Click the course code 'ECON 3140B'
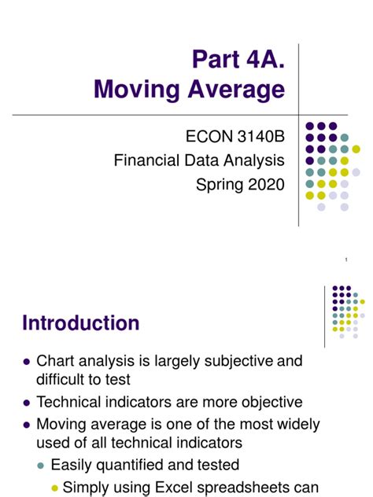[x=235, y=138]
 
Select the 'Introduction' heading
[x=81, y=322]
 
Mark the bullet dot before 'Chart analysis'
[x=27, y=362]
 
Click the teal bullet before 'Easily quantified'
[x=42, y=465]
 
